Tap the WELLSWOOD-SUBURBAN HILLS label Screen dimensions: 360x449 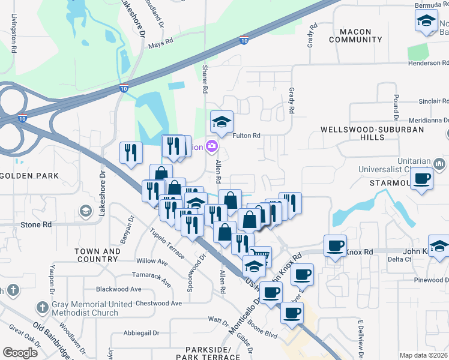tap(372, 133)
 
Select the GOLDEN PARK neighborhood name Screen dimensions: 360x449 tap(29, 176)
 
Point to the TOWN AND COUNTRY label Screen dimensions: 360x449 tap(97, 256)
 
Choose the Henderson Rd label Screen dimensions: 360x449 tap(427, 63)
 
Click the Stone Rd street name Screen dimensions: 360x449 tap(36, 225)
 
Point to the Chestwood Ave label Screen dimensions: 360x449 tap(159, 304)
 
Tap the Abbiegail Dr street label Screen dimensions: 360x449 tap(142, 332)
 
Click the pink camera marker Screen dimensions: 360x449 tap(211, 146)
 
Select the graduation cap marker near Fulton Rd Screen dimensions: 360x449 tap(221, 122)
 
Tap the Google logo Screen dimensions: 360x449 tap(20, 353)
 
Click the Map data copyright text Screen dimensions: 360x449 tap(424, 355)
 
